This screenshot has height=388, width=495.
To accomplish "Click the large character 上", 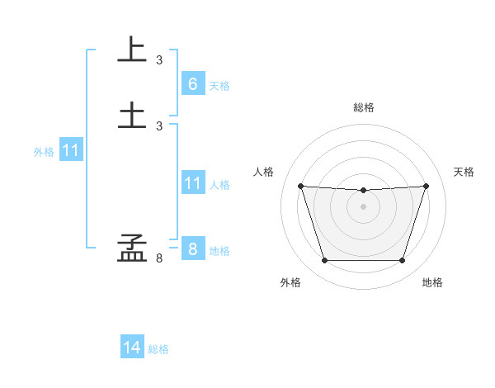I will [132, 50].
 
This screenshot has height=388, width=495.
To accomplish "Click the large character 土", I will [132, 114].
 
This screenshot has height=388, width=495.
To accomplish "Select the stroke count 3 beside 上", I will [159, 60].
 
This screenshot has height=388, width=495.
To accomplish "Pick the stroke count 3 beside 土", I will [159, 125].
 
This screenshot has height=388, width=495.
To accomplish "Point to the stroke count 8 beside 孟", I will [159, 258].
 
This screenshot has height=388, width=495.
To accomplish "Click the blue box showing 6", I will [192, 83].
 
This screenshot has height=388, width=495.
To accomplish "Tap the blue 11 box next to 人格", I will [192, 183].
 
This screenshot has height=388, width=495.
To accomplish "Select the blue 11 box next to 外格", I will [71, 150].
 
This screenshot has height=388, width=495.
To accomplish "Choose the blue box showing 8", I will [192, 248].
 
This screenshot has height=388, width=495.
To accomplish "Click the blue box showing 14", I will [132, 348].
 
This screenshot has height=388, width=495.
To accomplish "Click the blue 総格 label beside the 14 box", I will [158, 349].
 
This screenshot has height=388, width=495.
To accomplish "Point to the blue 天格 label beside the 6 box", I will [219, 86].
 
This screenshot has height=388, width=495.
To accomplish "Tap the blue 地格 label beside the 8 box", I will [219, 251].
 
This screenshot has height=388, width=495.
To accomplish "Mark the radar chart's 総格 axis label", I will [364, 107].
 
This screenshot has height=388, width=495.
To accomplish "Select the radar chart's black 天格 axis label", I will [464, 172].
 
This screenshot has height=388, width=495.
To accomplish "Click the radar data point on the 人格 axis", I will [301, 186].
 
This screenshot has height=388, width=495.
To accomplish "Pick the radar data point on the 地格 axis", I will [402, 261].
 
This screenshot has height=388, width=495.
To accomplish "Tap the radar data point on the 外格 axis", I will [324, 261].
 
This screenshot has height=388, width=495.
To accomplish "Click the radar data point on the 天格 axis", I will [427, 186].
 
